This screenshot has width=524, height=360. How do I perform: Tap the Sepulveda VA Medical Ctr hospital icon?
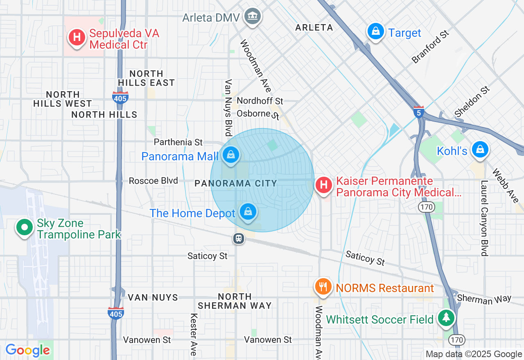(77, 37)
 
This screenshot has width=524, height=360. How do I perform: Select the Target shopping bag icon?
(375, 32)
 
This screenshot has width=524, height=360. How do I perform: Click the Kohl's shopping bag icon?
(479, 149)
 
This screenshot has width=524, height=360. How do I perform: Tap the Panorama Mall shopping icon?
(231, 155)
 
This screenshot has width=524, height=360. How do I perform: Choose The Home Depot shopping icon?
(248, 212)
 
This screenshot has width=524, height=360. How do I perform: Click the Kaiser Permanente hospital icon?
(324, 185)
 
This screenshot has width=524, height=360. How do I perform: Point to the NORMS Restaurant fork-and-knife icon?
(323, 286)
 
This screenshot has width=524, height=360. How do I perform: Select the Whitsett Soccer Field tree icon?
(446, 318)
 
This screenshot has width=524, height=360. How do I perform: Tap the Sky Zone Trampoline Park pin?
(25, 227)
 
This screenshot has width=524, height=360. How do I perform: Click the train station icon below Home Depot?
(238, 239)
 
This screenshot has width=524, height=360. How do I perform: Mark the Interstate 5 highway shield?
(418, 112)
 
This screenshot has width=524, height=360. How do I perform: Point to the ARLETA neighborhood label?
(314, 28)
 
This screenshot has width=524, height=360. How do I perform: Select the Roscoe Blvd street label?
(153, 181)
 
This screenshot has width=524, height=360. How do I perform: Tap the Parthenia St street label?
(178, 142)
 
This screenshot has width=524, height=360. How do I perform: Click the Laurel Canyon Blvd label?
(485, 218)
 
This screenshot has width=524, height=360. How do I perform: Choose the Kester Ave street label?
(194, 334)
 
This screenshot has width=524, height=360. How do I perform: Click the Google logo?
(27, 350)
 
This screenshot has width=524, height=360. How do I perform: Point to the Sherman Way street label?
(484, 299)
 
